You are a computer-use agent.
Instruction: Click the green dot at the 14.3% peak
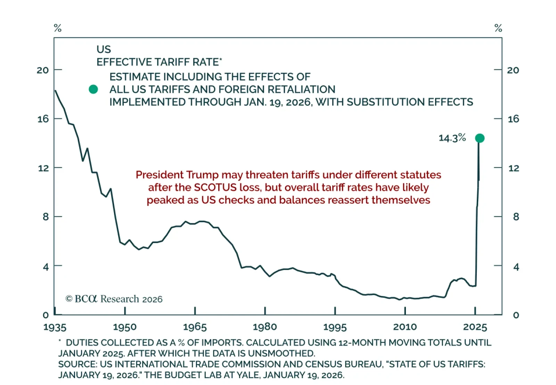coord(480,138)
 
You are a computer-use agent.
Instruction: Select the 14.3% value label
coord(452,138)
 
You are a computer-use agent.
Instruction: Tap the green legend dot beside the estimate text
coord(93,89)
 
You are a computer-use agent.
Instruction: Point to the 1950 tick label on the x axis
coord(125,327)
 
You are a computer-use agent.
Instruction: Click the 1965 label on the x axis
coord(195,327)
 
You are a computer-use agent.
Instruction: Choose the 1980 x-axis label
coord(265,327)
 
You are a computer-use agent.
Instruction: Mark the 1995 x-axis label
coord(335,327)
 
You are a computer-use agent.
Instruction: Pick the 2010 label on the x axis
coord(405,327)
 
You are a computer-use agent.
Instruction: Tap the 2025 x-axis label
coord(475,327)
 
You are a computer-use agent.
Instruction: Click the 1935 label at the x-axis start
coord(55,327)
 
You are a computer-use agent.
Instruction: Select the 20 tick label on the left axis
coord(43,70)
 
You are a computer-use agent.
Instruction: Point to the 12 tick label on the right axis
coord(514,168)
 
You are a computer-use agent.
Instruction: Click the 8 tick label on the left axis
coord(46,217)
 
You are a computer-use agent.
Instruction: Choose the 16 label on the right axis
coord(514,119)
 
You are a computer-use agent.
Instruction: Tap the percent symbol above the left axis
coord(58,28)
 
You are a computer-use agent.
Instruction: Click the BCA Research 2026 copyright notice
coord(114,299)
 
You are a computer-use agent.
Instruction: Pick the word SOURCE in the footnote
coord(77,364)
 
